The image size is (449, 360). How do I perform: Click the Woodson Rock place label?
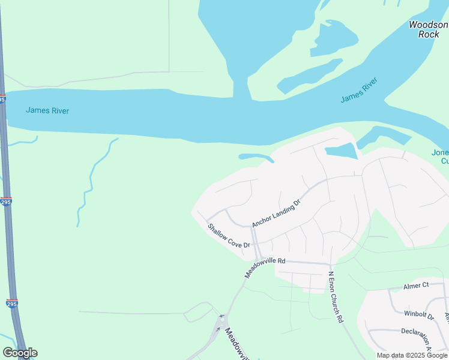(x=428, y=29)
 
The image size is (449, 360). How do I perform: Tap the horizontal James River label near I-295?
(x=47, y=110)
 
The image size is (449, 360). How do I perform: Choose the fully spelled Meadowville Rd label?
(x=265, y=268)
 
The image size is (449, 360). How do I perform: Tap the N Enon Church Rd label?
(x=335, y=298)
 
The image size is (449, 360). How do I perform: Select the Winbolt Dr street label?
(x=418, y=314)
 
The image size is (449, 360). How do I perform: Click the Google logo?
(x=20, y=353)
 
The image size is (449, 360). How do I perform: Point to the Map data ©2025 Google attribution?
(x=412, y=355)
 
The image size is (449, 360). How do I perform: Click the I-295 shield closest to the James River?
(x=2, y=99)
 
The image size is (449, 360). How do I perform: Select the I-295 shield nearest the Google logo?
(x=12, y=304)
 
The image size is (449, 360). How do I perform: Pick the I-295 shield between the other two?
(x=5, y=201)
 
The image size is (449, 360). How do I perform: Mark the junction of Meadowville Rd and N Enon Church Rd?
(x=330, y=263)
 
